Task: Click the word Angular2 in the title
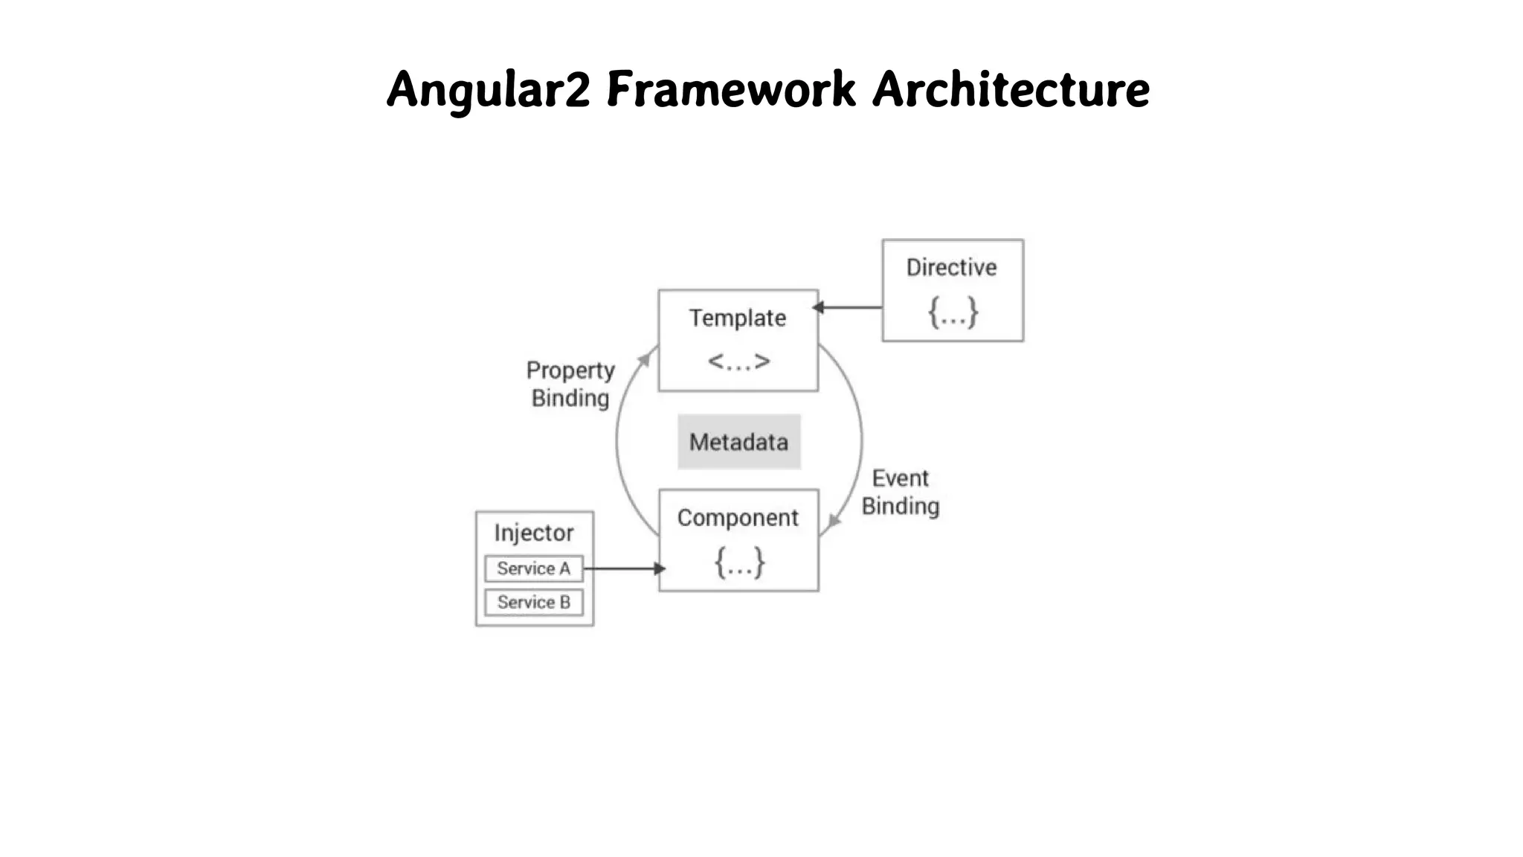click(488, 90)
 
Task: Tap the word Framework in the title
click(730, 90)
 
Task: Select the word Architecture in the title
click(1011, 90)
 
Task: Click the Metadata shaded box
click(738, 442)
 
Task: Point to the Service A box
click(534, 568)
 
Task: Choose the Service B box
click(534, 602)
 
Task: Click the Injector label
click(534, 533)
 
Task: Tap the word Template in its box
click(737, 318)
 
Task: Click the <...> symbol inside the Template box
click(738, 362)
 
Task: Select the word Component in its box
click(738, 518)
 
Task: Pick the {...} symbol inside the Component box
click(739, 562)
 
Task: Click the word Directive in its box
click(951, 268)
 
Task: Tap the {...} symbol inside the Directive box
click(953, 312)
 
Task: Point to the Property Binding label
click(570, 384)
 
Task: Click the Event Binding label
click(900, 492)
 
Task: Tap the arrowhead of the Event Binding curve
click(834, 521)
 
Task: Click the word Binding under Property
click(570, 398)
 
